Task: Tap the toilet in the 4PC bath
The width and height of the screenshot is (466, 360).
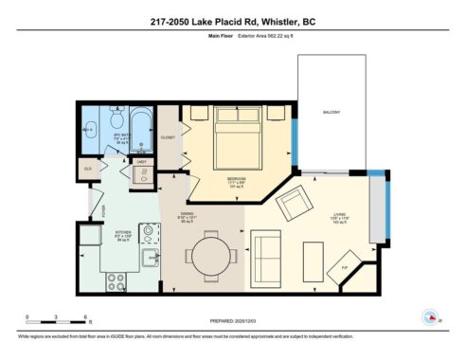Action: (114, 120)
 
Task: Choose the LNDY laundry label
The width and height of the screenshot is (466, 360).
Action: (140, 161)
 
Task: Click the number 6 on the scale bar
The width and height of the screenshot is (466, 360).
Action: (86, 315)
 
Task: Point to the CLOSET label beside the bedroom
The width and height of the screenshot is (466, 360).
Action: (169, 137)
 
